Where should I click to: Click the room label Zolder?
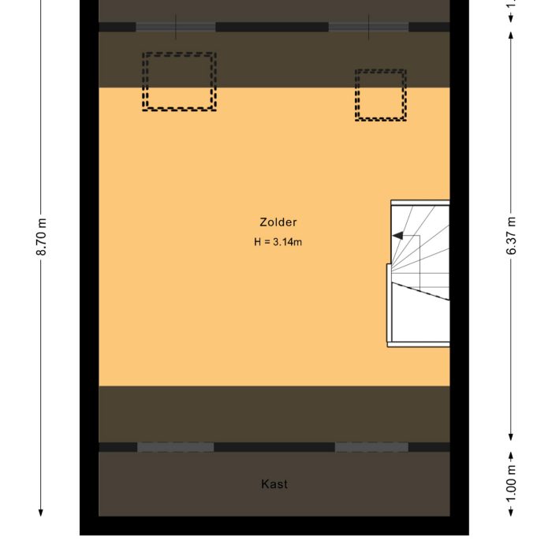278,222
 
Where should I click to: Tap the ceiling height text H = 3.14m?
278,242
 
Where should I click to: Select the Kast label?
274,484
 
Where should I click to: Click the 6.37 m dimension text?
512,235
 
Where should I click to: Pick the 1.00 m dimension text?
512,483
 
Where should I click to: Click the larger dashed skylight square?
179,81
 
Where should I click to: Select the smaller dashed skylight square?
380,95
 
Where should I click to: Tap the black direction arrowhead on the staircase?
399,235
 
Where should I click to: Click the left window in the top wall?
176,27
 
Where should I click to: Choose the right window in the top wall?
368,27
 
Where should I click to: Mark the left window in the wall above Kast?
176,447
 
